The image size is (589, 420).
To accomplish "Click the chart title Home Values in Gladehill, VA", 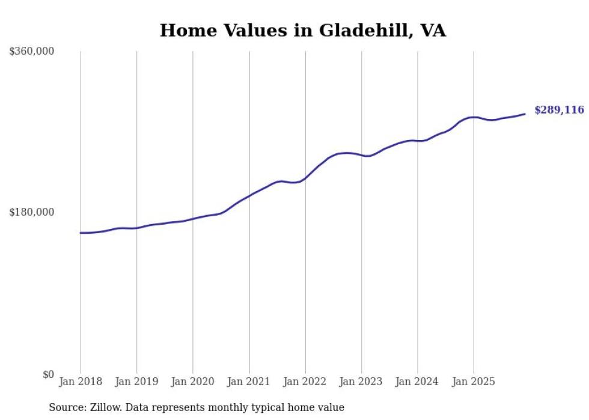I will click(x=302, y=31).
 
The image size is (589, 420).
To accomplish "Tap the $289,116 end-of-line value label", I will click(x=559, y=110).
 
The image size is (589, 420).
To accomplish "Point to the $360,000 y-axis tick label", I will click(x=32, y=52).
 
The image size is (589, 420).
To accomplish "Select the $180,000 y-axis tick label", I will click(x=32, y=212).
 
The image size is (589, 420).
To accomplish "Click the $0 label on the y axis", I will click(x=48, y=374).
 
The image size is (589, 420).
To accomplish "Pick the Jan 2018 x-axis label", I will click(x=81, y=382).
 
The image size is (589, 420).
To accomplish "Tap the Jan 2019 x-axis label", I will click(x=136, y=382).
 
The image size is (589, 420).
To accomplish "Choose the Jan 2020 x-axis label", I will click(x=193, y=382).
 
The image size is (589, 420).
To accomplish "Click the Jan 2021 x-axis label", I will click(x=249, y=382).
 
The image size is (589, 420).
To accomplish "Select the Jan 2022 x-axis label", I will click(x=305, y=382).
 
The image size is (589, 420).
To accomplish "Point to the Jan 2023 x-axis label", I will click(x=361, y=382).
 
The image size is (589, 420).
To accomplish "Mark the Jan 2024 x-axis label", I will click(x=418, y=382).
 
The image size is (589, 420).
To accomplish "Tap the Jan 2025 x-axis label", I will click(x=474, y=382).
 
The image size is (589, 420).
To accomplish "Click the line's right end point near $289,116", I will click(x=525, y=114).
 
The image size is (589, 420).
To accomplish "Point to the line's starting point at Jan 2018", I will click(x=81, y=233).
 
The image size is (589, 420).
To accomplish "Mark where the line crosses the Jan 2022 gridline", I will click(x=305, y=178).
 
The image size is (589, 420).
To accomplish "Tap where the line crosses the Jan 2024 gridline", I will click(x=418, y=141).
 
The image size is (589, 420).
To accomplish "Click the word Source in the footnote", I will click(x=66, y=407).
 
